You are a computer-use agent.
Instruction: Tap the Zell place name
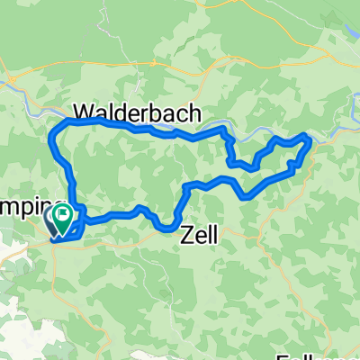(x=200, y=235)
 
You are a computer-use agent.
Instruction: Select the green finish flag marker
(x=64, y=214)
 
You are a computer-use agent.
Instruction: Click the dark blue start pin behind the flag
(x=53, y=219)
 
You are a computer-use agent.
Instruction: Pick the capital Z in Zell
(x=187, y=235)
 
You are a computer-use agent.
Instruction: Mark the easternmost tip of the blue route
(x=311, y=139)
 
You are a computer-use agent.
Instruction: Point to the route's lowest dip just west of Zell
(x=169, y=228)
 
